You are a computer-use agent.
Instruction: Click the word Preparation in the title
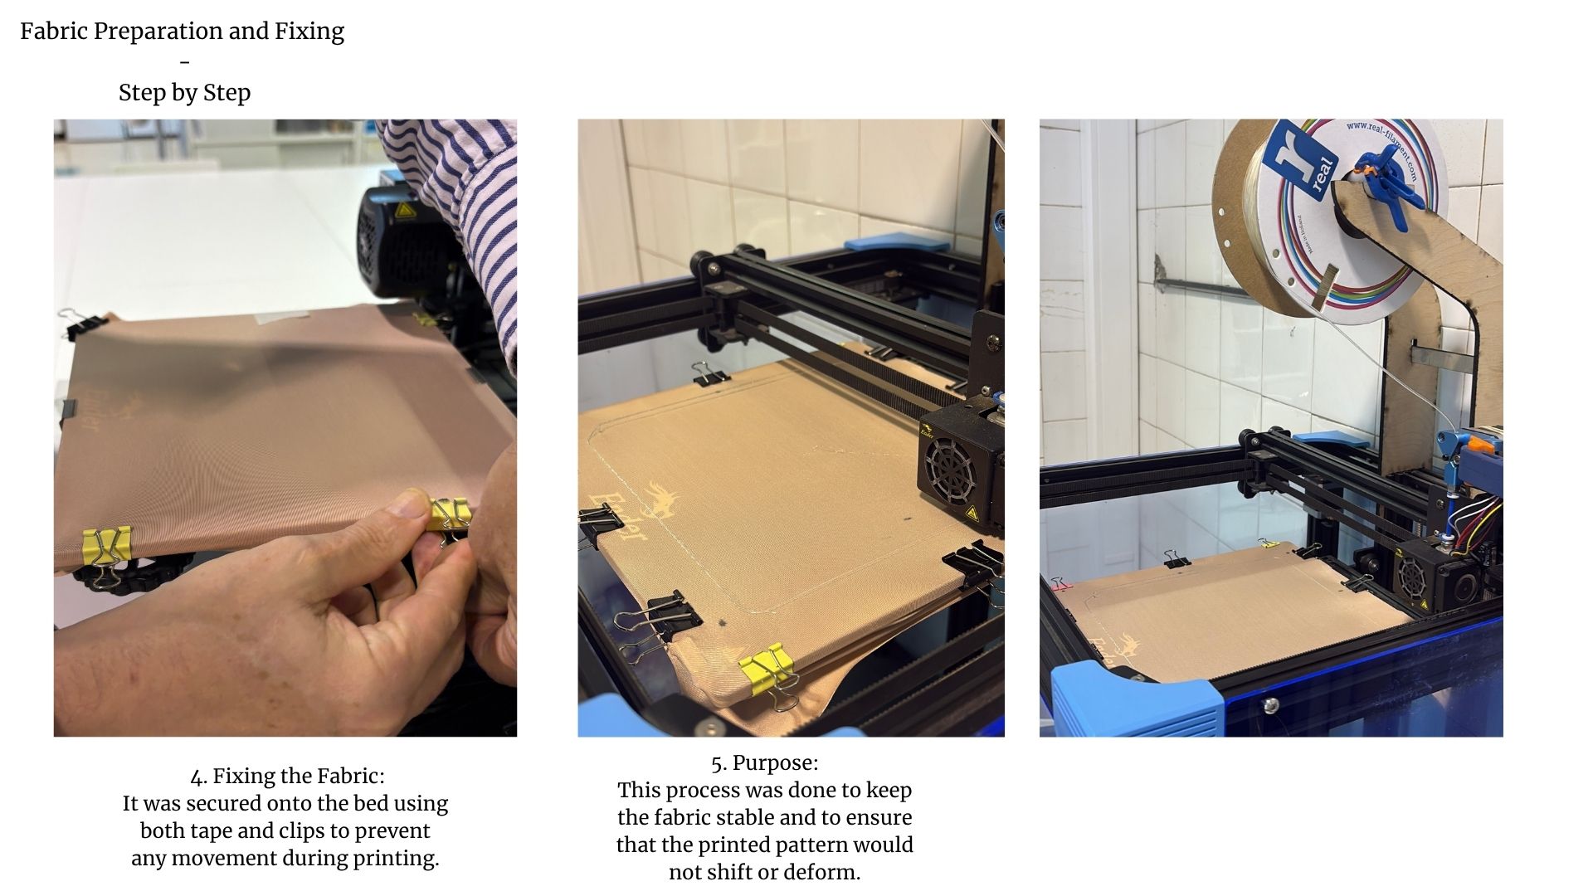[x=158, y=32]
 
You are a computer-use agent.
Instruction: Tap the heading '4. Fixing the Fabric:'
[x=287, y=777]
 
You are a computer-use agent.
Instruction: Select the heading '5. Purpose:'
[x=764, y=763]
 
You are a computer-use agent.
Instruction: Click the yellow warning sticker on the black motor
[x=404, y=210]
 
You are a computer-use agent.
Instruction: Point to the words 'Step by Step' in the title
[x=184, y=93]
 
